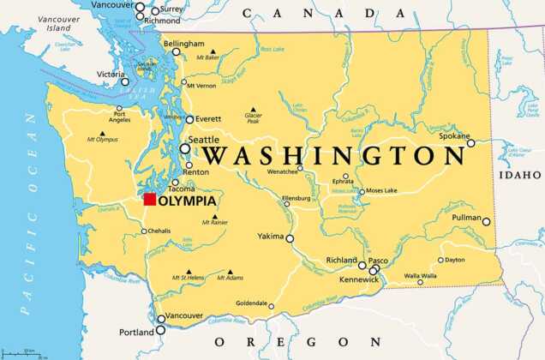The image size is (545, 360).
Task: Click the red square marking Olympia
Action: point(150,200)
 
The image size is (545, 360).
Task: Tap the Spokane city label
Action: point(454,135)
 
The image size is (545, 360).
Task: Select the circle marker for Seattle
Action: point(185,148)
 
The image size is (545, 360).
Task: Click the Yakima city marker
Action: point(290,239)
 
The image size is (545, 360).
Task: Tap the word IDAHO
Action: point(523,174)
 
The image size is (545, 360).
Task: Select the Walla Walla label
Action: point(420,275)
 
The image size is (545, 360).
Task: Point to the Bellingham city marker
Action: point(177,51)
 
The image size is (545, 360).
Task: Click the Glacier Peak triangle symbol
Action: point(253,109)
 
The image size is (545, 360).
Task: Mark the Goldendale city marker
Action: point(272,306)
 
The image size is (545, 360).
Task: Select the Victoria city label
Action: point(111,74)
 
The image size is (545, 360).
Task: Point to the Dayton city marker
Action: point(440,260)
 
